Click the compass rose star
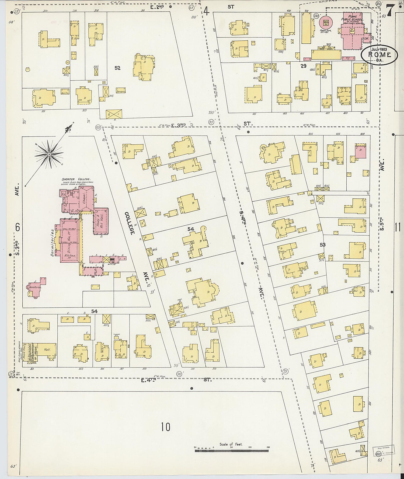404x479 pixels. tap(49, 154)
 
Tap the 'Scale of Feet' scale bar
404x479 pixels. tap(231, 450)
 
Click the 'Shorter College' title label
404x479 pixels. tap(76, 179)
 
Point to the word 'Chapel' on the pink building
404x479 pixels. tap(84, 199)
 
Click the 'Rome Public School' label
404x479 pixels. tap(352, 18)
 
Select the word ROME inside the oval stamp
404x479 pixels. tap(379, 55)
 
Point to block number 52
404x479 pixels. tap(117, 68)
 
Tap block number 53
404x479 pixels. tap(322, 245)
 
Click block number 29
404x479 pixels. tap(304, 66)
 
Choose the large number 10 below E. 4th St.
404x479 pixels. tap(166, 427)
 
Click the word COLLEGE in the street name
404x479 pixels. tap(129, 223)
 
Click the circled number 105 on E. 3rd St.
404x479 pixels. tap(98, 127)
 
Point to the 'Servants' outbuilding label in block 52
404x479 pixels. tap(121, 92)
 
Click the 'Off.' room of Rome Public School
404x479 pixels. tap(366, 39)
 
